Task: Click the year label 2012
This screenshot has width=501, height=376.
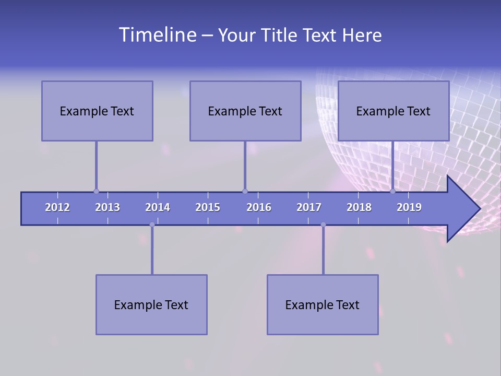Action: coord(57,207)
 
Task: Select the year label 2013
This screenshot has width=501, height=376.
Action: coord(108,207)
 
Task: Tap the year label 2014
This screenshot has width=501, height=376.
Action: coord(158,207)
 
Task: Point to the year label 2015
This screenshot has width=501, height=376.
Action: coord(208,207)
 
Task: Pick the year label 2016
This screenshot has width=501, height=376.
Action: coord(259,207)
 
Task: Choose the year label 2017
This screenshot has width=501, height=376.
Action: coord(309,207)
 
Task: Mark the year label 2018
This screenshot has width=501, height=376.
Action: coord(359,207)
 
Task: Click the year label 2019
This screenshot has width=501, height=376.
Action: coord(409,207)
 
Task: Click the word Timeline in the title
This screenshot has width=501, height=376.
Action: coord(157,35)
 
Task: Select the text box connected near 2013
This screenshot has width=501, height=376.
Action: coord(97,111)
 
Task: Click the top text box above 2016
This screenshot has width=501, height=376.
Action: coord(245,111)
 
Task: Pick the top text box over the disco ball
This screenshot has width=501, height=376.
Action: coord(393,111)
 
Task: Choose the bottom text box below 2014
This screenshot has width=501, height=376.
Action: coord(151,304)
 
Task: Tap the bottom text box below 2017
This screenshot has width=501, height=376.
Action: coord(323,304)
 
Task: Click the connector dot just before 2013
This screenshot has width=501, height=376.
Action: coord(96,191)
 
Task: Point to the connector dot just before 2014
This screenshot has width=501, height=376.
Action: coord(152,225)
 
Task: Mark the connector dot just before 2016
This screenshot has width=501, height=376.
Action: coord(245,191)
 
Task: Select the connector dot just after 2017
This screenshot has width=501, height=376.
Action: coord(323,225)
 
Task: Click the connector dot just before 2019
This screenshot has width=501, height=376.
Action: coord(392,191)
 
